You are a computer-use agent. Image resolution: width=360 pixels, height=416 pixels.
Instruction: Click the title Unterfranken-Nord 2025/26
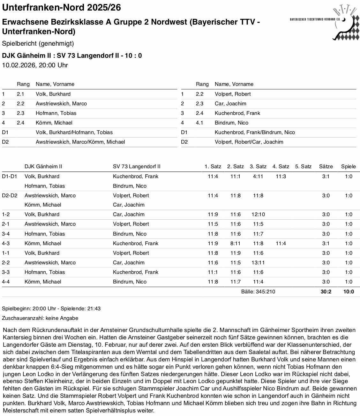(62, 7)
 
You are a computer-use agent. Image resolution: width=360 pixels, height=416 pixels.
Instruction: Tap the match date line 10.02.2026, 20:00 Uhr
(35, 65)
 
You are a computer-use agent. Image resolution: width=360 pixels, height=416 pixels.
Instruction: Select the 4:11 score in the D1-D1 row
(258, 176)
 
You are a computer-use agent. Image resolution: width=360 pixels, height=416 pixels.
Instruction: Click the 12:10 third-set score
(258, 215)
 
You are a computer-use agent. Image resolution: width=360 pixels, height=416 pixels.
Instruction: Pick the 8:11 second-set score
(236, 243)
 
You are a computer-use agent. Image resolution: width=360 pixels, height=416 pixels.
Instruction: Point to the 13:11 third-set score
(258, 262)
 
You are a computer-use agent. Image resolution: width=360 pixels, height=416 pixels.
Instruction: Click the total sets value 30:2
(326, 291)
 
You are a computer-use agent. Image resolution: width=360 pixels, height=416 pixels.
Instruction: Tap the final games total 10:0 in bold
(349, 291)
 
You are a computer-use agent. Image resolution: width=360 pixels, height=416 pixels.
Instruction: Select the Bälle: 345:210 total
(258, 291)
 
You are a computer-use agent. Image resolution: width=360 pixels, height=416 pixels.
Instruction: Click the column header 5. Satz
(303, 166)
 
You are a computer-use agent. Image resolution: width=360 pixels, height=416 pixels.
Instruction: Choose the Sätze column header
(326, 166)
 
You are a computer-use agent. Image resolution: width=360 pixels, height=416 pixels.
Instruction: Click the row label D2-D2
(10, 195)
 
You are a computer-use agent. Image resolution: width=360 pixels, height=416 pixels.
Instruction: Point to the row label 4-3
(6, 243)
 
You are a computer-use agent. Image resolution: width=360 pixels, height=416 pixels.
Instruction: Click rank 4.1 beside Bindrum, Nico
(199, 123)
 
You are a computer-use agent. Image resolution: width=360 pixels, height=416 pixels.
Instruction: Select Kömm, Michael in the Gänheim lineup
(54, 123)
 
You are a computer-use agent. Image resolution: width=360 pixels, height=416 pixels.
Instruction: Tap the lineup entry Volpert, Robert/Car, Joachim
(249, 142)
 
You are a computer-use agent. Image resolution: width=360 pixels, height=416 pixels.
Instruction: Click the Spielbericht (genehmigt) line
(38, 43)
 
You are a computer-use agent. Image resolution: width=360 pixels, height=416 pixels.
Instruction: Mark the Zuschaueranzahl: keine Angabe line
(40, 318)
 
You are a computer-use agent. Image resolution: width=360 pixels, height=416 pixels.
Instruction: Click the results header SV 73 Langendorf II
(137, 166)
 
